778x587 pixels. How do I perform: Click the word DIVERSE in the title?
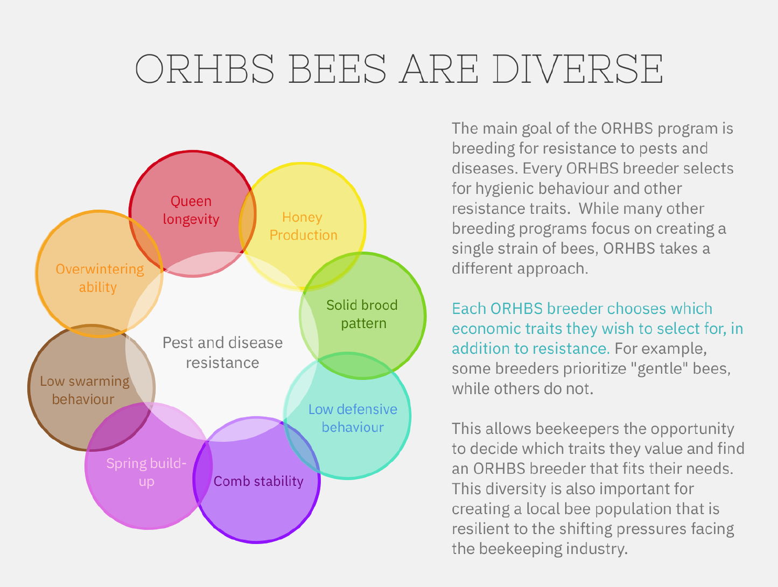578,69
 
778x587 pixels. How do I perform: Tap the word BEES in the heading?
338,69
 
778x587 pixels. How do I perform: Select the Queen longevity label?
191,210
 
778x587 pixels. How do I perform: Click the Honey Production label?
303,226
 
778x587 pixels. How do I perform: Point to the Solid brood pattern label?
362,314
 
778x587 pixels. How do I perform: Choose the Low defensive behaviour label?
353,418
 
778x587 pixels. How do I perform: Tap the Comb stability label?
258,481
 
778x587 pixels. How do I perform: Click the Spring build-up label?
146,472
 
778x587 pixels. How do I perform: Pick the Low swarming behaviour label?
85,390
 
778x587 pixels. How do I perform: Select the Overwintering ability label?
100,278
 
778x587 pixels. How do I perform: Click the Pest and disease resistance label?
222,352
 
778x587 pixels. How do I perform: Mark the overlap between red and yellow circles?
248,221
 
